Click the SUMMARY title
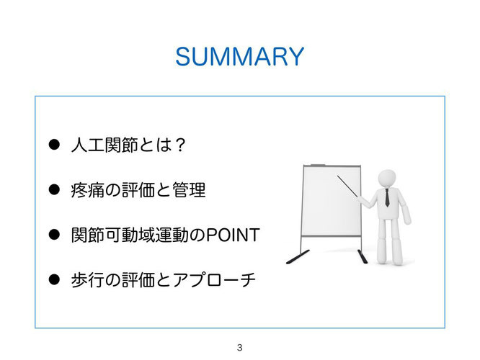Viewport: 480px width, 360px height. click(x=240, y=57)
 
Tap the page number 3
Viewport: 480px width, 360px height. click(x=240, y=348)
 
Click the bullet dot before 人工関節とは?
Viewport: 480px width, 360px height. click(x=54, y=145)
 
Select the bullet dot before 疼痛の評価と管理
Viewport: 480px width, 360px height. click(x=54, y=189)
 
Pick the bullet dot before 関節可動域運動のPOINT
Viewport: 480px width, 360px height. click(x=54, y=235)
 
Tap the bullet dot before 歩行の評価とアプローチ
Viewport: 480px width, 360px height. click(x=54, y=279)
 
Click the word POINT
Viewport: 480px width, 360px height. click(x=233, y=235)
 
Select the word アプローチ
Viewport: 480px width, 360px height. click(x=214, y=280)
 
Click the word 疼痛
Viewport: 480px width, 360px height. click(x=87, y=189)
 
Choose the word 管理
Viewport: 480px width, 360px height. click(x=189, y=189)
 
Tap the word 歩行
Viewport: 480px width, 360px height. click(x=87, y=280)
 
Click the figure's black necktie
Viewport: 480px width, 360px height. click(x=387, y=197)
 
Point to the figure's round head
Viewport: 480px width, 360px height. click(x=387, y=179)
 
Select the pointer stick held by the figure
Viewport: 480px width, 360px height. click(x=348, y=186)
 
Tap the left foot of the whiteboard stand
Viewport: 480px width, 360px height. click(x=298, y=257)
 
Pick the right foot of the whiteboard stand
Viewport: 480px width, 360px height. click(x=363, y=256)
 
